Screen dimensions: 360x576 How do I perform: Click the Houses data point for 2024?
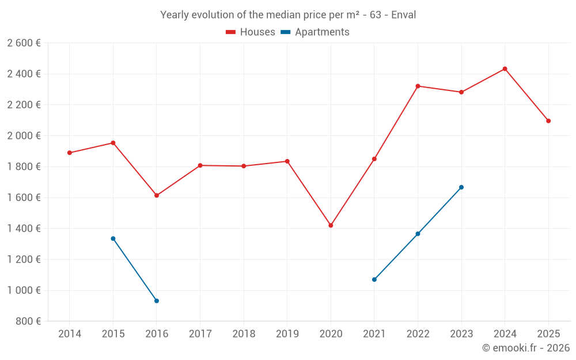(505, 69)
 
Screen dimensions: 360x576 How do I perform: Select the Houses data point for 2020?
(331, 225)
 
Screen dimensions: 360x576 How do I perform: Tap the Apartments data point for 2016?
(157, 301)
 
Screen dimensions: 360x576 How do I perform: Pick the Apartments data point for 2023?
(461, 187)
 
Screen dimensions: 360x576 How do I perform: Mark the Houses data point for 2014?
(70, 153)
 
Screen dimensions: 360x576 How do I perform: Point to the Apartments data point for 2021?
(374, 279)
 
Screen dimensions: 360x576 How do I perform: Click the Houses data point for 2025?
(548, 121)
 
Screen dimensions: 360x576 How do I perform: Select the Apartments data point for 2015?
(113, 238)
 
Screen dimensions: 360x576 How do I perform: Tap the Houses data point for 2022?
(418, 86)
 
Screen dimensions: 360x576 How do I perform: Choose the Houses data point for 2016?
(157, 195)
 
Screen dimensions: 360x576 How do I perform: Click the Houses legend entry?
(251, 32)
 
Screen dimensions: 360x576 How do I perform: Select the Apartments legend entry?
(315, 32)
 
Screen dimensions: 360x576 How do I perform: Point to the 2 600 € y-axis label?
(24, 43)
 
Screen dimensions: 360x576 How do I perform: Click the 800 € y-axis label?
(27, 321)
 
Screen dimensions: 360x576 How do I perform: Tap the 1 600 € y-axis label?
(24, 198)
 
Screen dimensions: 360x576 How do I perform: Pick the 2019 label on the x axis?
(287, 334)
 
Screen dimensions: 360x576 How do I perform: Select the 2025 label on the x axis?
(548, 334)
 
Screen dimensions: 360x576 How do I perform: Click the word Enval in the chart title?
(403, 15)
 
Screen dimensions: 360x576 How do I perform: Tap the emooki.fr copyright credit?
(526, 348)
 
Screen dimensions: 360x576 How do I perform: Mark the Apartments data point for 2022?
(418, 234)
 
